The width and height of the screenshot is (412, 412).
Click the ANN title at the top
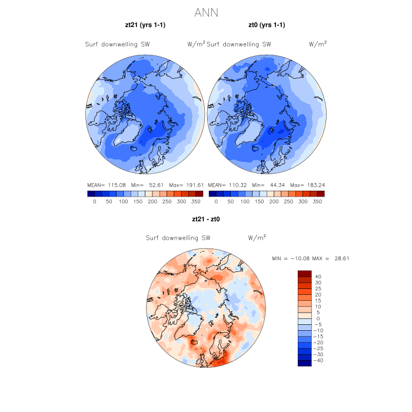[x=206, y=12]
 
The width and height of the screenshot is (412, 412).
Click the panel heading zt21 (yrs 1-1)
[x=145, y=25]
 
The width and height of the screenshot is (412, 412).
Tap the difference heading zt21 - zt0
[x=205, y=219]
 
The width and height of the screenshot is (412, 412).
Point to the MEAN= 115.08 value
[x=105, y=185]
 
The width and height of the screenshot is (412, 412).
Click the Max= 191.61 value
[x=186, y=185]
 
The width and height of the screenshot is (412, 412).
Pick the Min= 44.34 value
[x=267, y=185]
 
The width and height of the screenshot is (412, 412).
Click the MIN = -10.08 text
[x=290, y=258]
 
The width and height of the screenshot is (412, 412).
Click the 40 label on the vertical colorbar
[x=318, y=277]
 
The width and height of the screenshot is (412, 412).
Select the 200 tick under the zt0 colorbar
[x=273, y=201]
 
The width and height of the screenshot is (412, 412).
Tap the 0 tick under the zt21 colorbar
[x=94, y=201]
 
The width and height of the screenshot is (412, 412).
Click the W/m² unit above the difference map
[x=257, y=238]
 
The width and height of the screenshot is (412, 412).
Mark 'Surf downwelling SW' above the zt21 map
[x=117, y=44]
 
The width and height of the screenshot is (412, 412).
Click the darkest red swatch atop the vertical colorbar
[x=304, y=273]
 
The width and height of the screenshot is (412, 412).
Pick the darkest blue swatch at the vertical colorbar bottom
[x=304, y=363]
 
